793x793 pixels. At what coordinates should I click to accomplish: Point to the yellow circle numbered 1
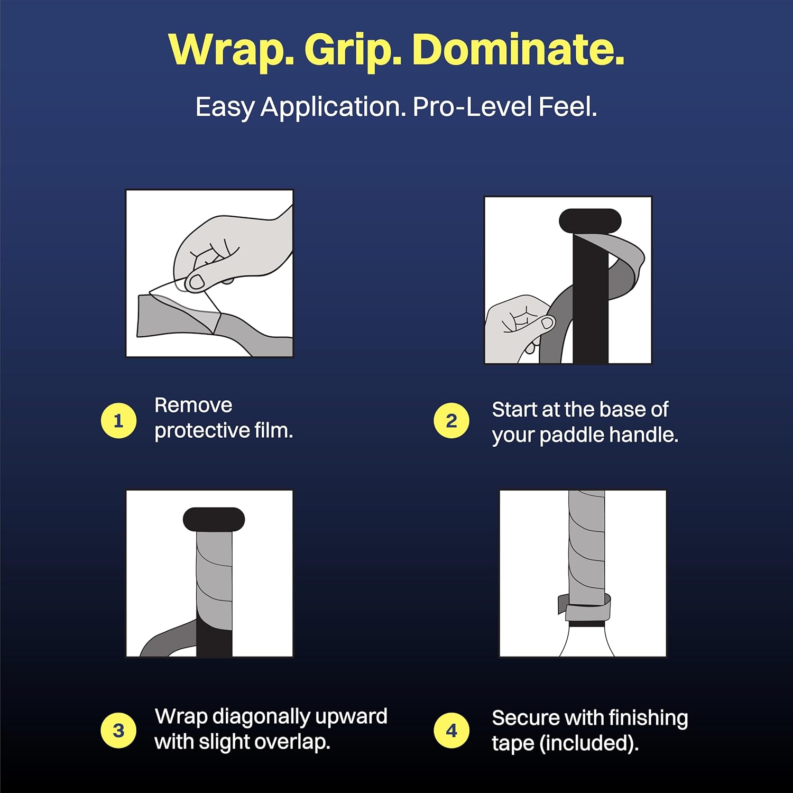pyautogui.click(x=118, y=421)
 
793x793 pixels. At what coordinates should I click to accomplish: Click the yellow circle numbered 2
pyautogui.click(x=451, y=421)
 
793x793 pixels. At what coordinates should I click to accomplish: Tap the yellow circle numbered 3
pyautogui.click(x=118, y=731)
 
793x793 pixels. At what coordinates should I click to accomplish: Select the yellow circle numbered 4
pyautogui.click(x=451, y=731)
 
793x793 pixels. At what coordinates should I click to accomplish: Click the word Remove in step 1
pyautogui.click(x=193, y=405)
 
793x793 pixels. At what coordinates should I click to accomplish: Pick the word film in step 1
pyautogui.click(x=273, y=430)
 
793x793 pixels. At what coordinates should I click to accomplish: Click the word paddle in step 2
pyautogui.click(x=572, y=435)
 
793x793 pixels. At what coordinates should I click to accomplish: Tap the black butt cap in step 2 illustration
pyautogui.click(x=590, y=220)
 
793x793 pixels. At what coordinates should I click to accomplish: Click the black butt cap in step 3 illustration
pyautogui.click(x=214, y=519)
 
